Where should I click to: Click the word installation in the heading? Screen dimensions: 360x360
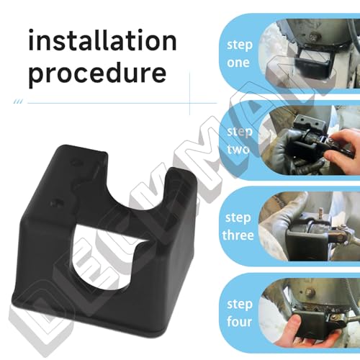coord(102,40)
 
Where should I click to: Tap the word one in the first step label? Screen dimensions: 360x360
coord(238,63)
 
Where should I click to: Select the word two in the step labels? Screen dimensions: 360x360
coord(238,149)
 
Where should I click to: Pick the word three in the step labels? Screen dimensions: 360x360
coord(238,235)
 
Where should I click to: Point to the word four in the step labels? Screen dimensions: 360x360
coord(239,321)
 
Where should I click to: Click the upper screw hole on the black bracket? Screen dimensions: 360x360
coord(76,163)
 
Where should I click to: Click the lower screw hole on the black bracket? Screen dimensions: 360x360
coord(56,202)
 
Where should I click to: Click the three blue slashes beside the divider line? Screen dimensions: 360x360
coord(18,102)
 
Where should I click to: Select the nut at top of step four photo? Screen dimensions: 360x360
coord(309,292)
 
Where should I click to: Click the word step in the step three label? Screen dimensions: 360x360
coord(238,218)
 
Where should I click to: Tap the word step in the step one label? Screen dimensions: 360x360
coord(240,45)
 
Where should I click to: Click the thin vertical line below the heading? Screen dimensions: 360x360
coord(189,94)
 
